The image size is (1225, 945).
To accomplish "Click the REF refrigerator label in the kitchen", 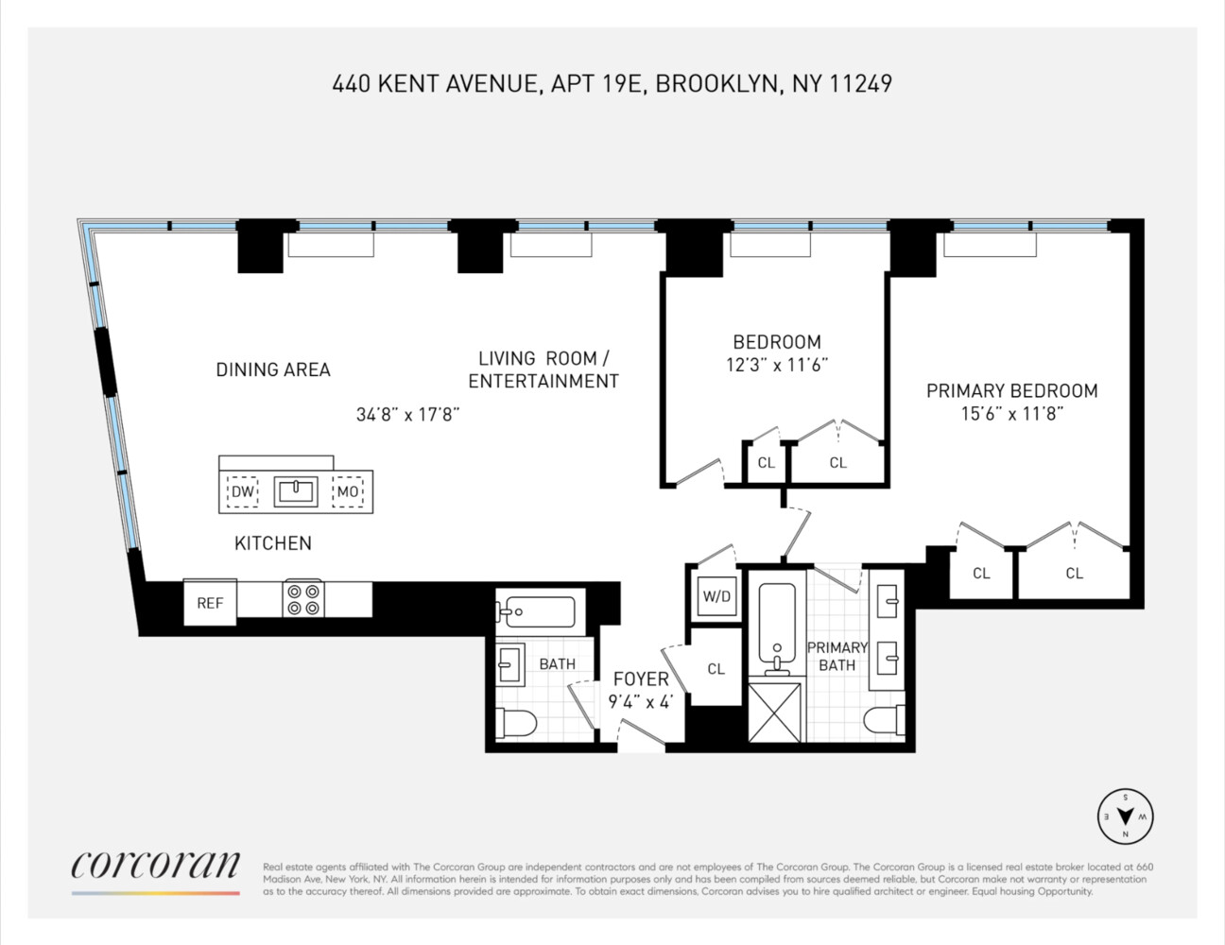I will (210, 603).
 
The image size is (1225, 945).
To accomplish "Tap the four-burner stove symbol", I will (303, 599).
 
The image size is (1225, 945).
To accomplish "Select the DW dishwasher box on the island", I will (243, 491).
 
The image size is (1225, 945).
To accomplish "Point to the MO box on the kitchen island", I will (348, 491).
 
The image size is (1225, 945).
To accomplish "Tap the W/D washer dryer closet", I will (716, 596).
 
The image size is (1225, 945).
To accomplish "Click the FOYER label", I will (641, 679).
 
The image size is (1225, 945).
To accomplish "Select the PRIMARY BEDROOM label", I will (1011, 390).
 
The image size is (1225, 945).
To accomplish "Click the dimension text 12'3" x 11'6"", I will (776, 365).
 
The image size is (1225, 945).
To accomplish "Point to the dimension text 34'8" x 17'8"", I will (407, 414).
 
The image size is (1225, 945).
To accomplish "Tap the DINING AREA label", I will (273, 369).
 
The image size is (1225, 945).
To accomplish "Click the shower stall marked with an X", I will (775, 712).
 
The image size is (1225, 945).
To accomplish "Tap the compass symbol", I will (1125, 816).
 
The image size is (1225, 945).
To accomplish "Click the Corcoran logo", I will (155, 866).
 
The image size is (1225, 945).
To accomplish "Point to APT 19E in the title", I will (596, 83).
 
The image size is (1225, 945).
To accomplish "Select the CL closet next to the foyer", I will (716, 669).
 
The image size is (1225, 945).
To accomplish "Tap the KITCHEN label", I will (273, 542).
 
